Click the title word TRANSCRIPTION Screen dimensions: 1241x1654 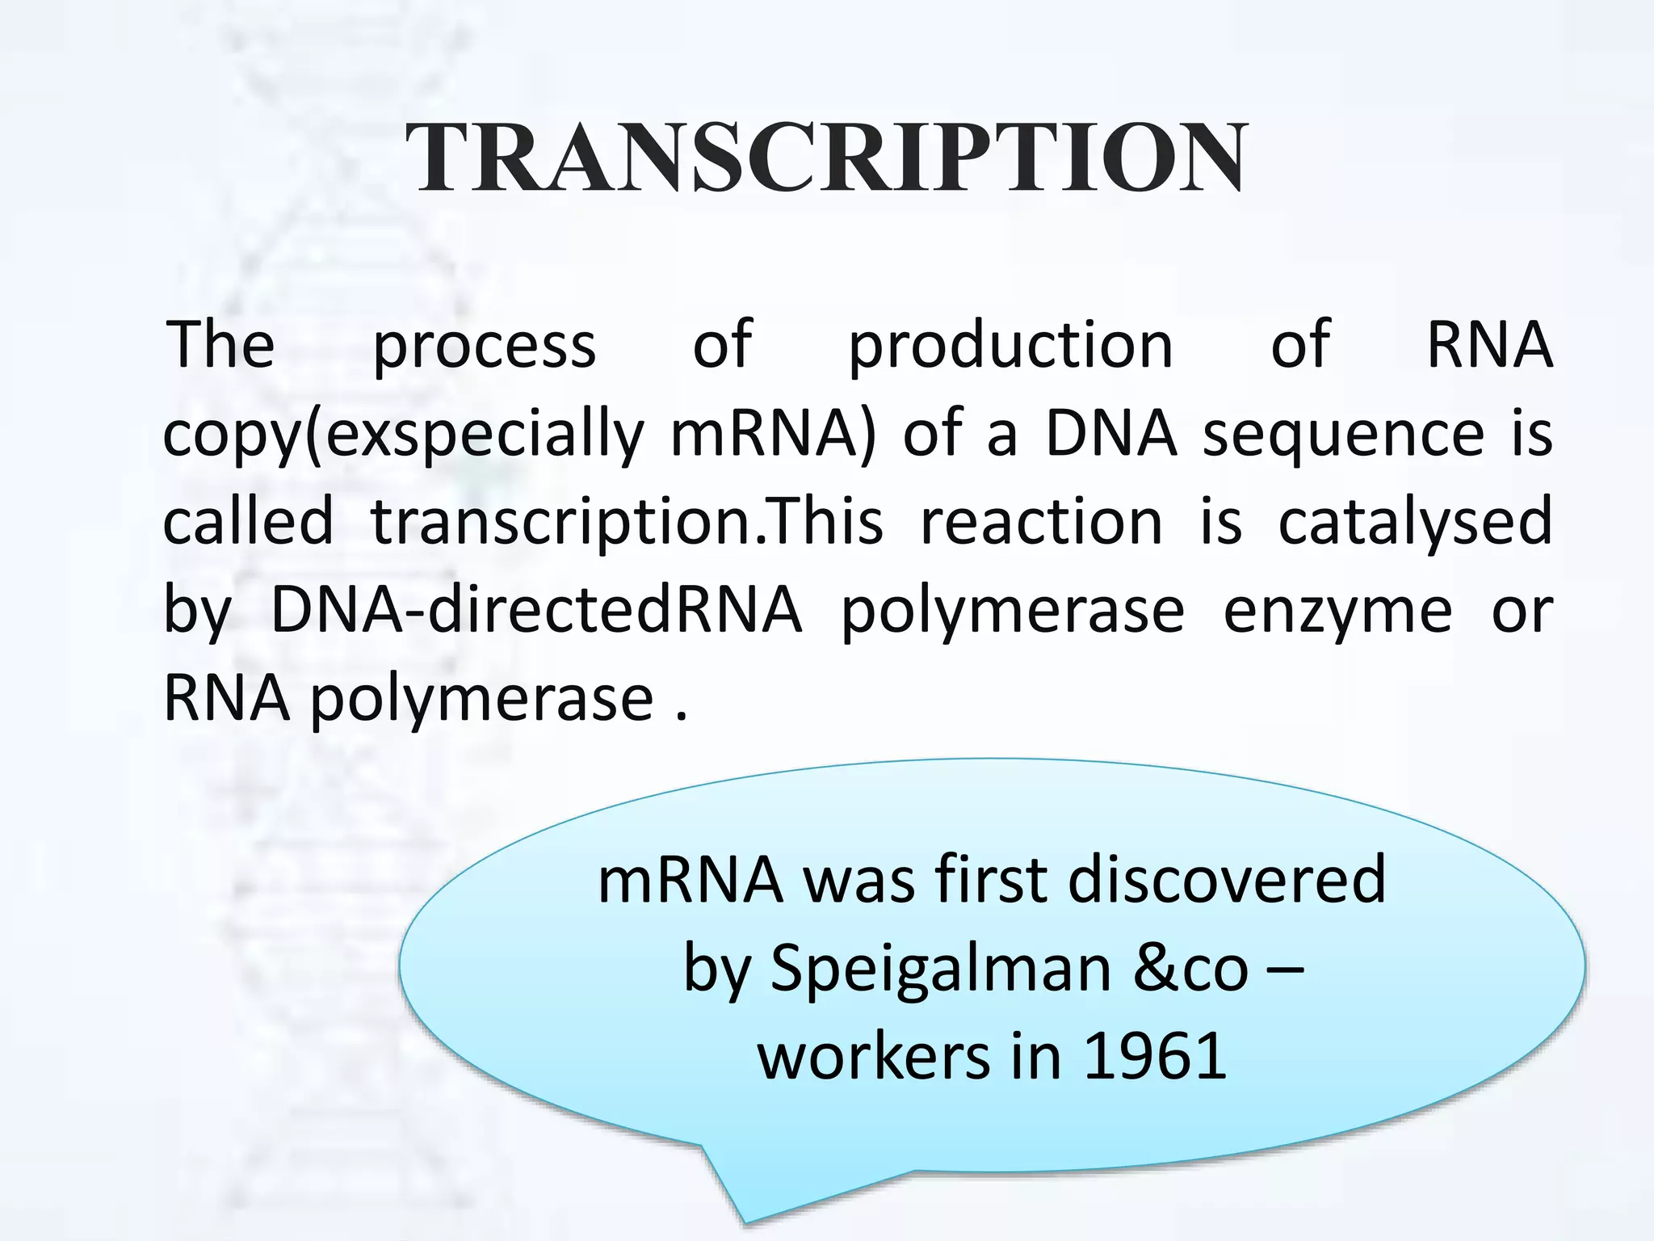pyautogui.click(x=826, y=157)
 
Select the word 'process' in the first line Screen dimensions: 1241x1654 pyautogui.click(x=484, y=346)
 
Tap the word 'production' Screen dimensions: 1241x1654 pyautogui.click(x=1010, y=346)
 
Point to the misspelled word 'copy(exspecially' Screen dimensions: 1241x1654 pyautogui.click(x=403, y=435)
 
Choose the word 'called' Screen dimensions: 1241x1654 pyautogui.click(x=248, y=521)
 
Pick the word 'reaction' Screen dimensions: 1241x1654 pyautogui.click(x=1041, y=521)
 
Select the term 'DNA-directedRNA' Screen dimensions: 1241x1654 pyautogui.click(x=535, y=610)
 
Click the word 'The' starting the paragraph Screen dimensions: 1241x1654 pyautogui.click(x=220, y=345)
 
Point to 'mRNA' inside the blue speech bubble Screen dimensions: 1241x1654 pyautogui.click(x=691, y=879)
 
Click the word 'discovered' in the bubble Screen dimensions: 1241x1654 pyautogui.click(x=1227, y=879)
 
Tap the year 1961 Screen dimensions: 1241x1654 pyautogui.click(x=1155, y=1056)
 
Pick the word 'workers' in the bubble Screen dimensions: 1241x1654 pyautogui.click(x=874, y=1056)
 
